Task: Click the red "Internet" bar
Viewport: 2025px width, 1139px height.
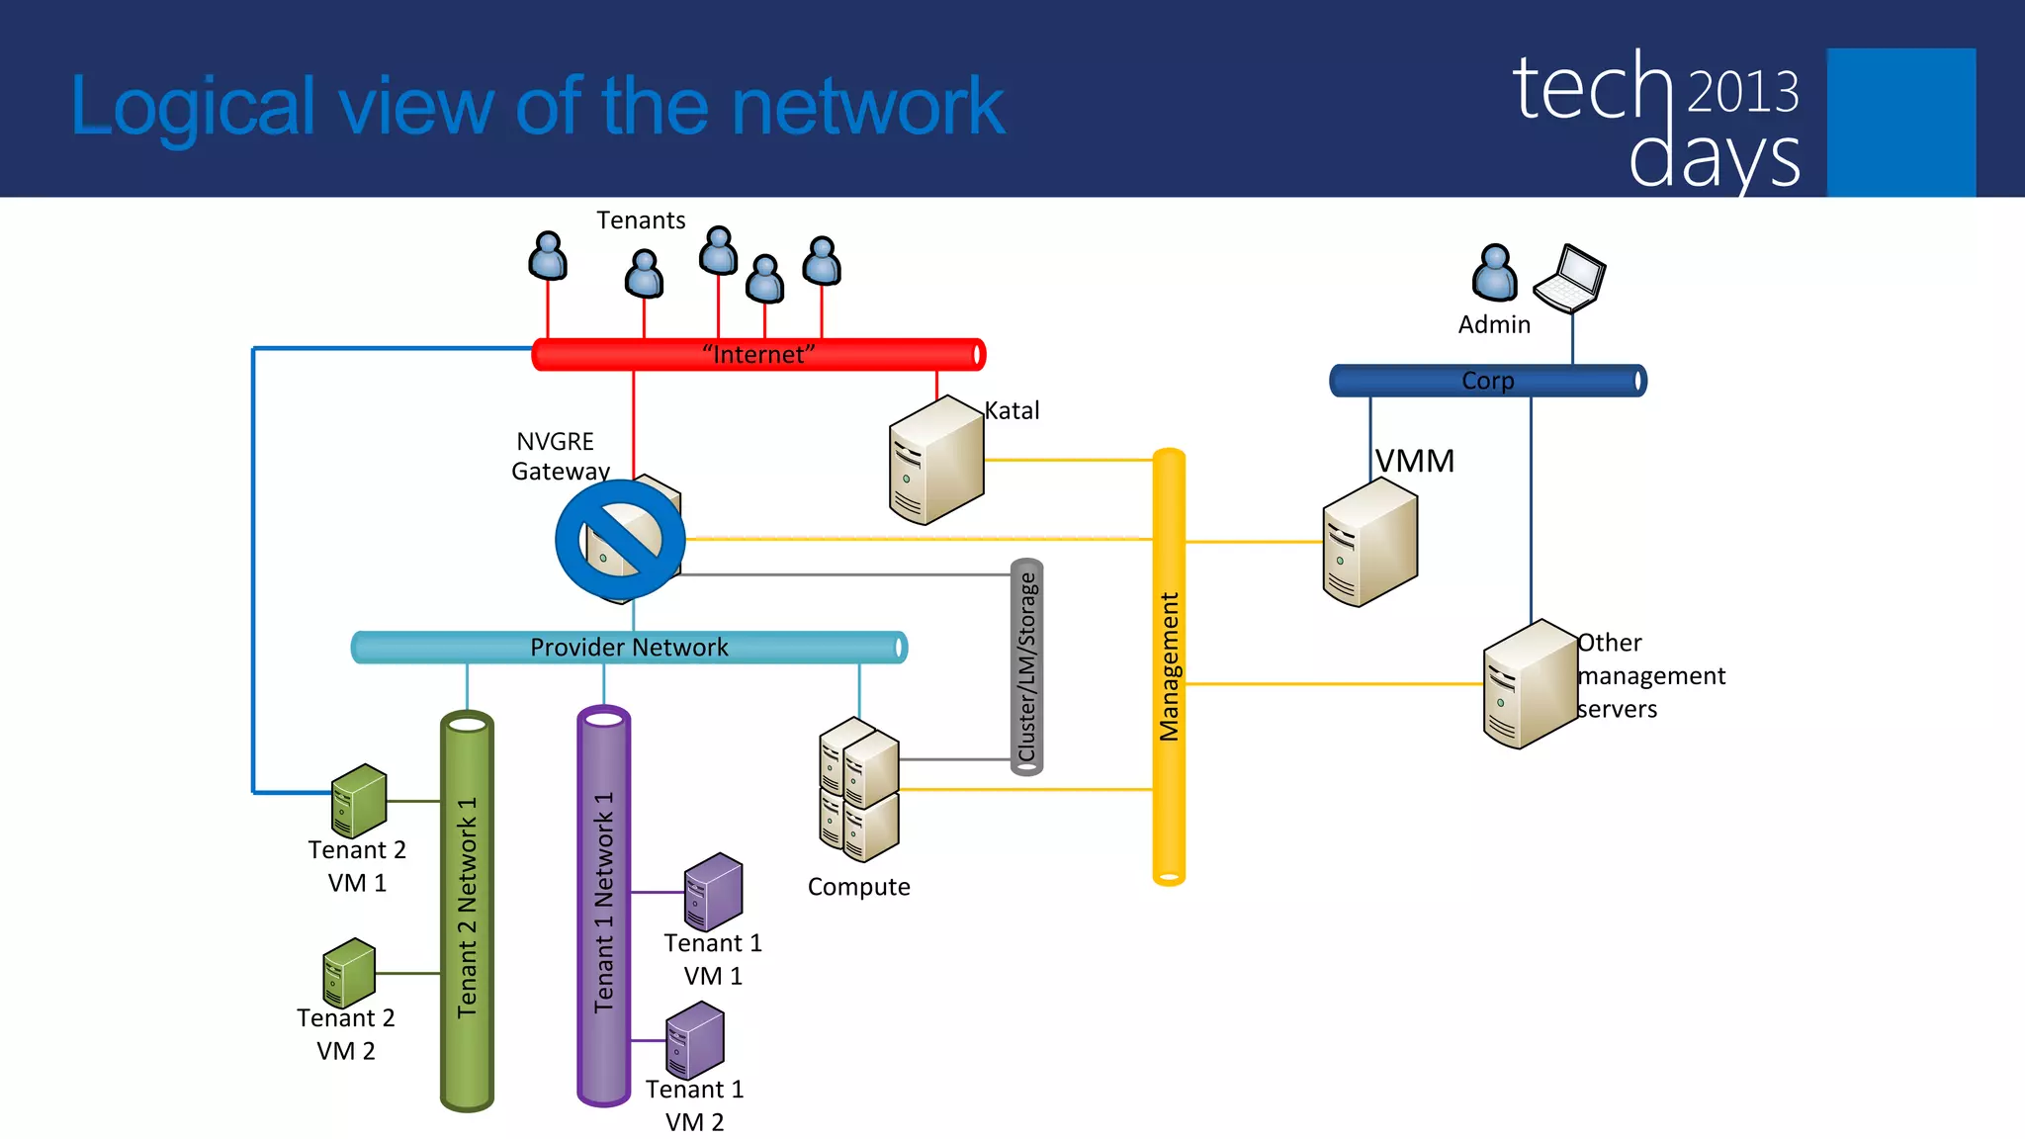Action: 758,354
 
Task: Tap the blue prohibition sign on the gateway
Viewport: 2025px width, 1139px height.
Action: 620,540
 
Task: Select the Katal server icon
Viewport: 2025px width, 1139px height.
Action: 935,461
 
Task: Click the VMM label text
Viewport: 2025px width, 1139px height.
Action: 1414,461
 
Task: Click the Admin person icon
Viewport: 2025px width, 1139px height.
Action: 1494,273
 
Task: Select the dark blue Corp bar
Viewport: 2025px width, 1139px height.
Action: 1487,381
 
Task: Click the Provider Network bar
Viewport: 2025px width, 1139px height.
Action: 629,648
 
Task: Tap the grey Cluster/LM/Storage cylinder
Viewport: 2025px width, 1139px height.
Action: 1026,667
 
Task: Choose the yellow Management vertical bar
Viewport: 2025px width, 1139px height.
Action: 1169,667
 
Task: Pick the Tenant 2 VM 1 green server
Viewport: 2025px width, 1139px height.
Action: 358,801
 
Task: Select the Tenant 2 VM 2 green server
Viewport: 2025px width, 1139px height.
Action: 349,972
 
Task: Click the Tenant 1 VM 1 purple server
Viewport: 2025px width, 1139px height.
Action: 713,892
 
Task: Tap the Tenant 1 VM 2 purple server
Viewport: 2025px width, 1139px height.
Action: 695,1040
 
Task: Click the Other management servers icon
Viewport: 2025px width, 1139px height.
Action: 1530,684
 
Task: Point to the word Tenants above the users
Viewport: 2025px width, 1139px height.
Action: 641,220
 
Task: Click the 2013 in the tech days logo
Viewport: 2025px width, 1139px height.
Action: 1742,92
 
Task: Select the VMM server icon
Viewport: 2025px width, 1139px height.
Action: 1369,543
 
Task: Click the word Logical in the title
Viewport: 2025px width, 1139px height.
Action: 193,107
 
